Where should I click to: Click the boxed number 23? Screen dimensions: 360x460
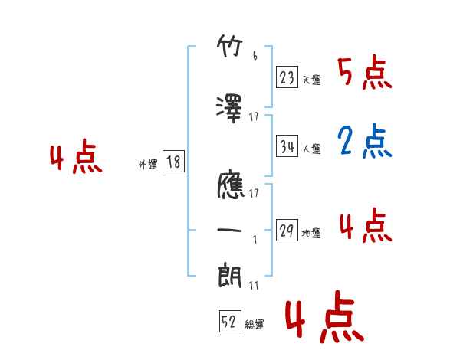coord(287,77)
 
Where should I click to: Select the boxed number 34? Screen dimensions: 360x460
coord(287,147)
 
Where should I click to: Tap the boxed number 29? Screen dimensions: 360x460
coord(287,231)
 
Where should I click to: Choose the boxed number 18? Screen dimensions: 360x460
coord(173,162)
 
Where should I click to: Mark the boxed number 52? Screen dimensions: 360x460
coord(229,322)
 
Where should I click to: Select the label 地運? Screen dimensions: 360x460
coord(311,234)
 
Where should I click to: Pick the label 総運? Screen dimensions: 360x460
coord(254,325)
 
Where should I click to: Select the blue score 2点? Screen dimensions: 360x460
coord(365,142)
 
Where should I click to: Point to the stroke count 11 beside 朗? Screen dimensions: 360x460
coord(253,286)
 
